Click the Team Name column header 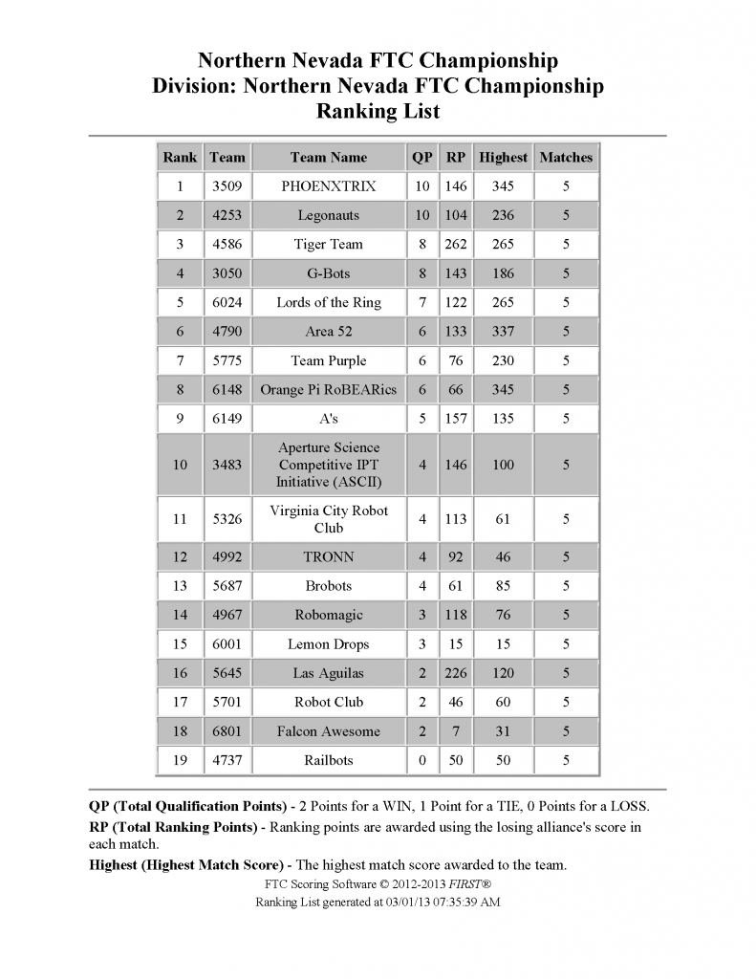pos(328,158)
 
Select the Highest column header pos(503,158)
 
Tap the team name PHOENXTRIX pos(328,186)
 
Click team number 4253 pos(227,216)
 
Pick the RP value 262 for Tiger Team pos(456,245)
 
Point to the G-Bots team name pos(328,273)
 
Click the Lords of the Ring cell pos(328,303)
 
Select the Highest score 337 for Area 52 pos(503,332)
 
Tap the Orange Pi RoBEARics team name pos(328,390)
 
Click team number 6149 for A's pos(227,419)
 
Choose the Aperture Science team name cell pos(328,465)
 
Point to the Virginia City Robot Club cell pos(328,519)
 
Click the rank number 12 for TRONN pos(180,557)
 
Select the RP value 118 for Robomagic pos(456,615)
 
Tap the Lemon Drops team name pos(328,644)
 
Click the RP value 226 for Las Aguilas pos(456,673)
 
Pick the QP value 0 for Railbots pos(421,760)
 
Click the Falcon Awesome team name pos(328,731)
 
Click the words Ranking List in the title pos(378,112)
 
